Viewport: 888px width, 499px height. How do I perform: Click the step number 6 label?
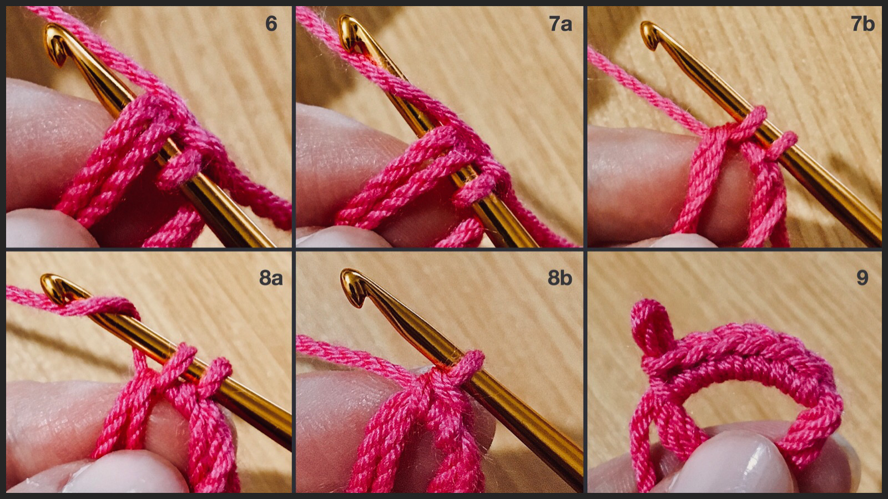coord(271,24)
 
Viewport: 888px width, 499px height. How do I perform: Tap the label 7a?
coord(560,24)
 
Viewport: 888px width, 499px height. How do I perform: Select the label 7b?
coord(862,24)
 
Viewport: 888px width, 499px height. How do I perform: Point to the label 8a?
coord(270,277)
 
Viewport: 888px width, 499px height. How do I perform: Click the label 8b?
coord(559,277)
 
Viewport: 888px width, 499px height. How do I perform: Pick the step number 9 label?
coord(862,277)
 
